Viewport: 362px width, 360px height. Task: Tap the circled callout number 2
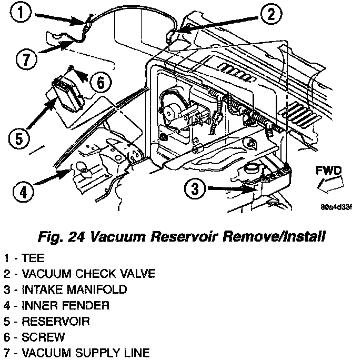pyautogui.click(x=269, y=15)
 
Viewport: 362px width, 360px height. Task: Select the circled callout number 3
pyautogui.click(x=195, y=188)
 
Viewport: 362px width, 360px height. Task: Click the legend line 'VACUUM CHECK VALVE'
pyautogui.click(x=78, y=274)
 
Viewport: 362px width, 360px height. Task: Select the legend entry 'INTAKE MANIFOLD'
pyautogui.click(x=65, y=289)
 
